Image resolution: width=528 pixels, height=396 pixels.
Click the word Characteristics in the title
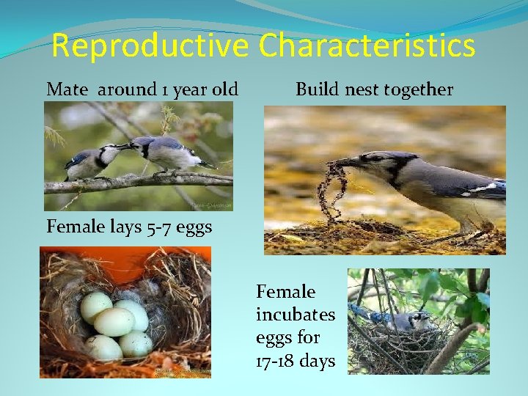click(x=367, y=45)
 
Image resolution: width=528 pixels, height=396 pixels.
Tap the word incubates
click(x=295, y=315)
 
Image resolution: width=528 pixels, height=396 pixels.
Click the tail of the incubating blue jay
click(x=359, y=313)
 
